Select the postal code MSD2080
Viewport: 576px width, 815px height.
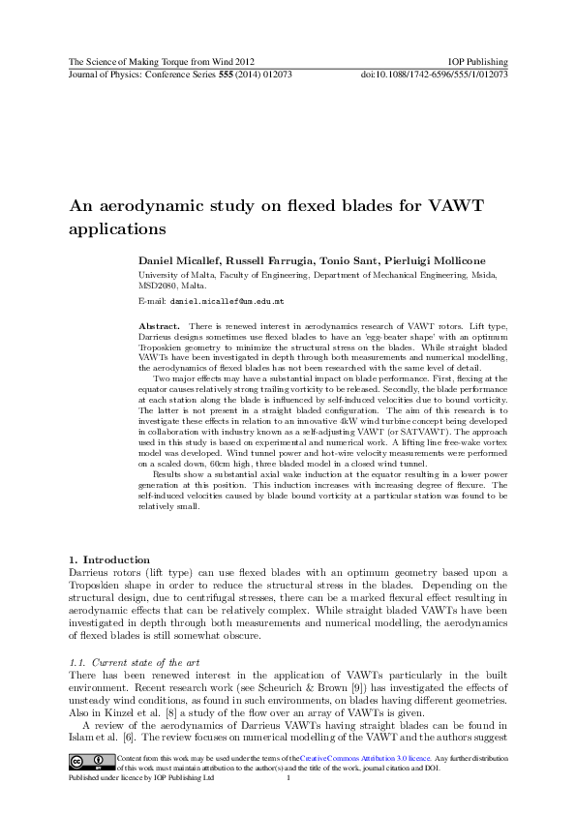(163, 287)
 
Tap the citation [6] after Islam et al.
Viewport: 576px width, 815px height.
(130, 734)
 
